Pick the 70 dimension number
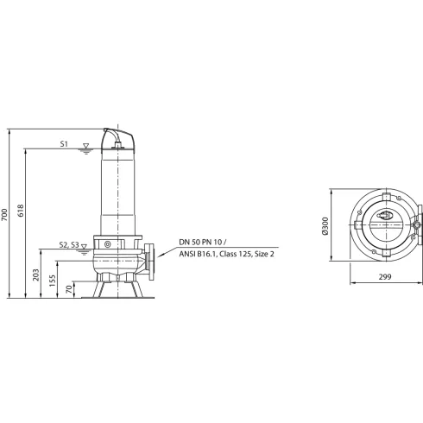(68, 290)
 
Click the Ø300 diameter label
(325, 226)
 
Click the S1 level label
(66, 145)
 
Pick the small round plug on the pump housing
(107, 245)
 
